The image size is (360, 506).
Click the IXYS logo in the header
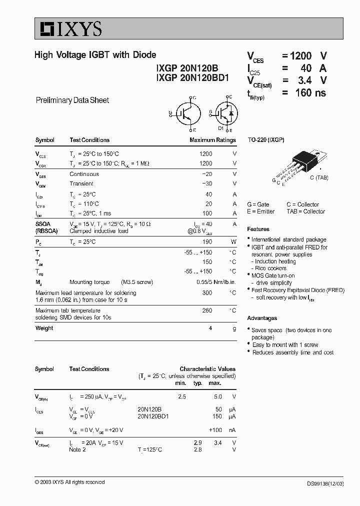click(68, 28)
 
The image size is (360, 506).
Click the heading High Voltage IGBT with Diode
click(95, 55)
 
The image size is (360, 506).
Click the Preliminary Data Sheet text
click(72, 100)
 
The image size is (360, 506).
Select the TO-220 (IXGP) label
click(266, 140)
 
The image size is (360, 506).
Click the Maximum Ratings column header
click(212, 140)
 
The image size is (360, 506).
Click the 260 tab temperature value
click(206, 310)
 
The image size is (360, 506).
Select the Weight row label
click(44, 328)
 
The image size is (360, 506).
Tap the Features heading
click(258, 229)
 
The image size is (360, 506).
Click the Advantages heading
click(262, 318)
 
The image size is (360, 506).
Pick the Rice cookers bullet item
click(270, 268)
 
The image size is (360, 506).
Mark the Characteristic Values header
click(207, 369)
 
